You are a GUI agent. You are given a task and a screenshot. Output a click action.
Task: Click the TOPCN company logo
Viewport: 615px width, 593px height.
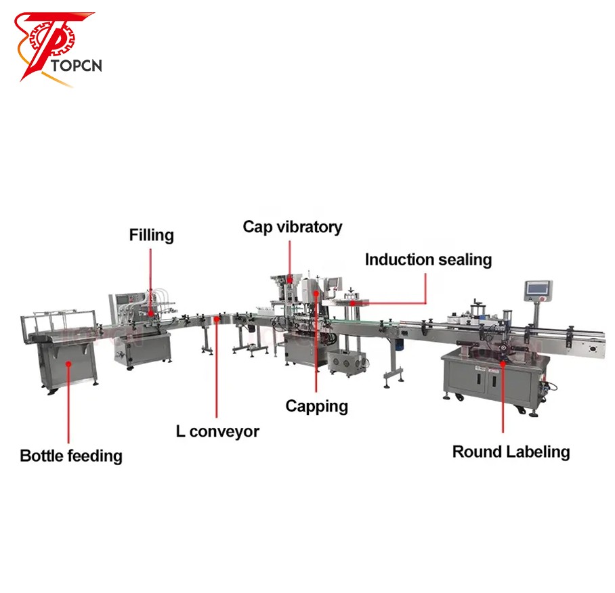click(58, 48)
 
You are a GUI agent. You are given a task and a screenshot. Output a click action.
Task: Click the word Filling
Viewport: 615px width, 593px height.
click(152, 235)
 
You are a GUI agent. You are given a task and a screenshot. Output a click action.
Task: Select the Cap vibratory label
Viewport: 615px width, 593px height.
click(292, 227)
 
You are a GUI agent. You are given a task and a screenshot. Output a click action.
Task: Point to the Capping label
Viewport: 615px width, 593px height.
click(316, 406)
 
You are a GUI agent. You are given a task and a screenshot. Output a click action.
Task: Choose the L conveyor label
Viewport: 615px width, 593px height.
click(217, 431)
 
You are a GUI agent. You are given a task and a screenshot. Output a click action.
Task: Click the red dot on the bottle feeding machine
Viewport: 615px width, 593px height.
click(68, 364)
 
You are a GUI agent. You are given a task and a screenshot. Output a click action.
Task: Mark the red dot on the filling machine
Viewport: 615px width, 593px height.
click(150, 313)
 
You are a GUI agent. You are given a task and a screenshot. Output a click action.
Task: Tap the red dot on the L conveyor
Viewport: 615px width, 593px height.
click(217, 319)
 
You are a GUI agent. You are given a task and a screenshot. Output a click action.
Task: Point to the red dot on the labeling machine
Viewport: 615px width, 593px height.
click(503, 364)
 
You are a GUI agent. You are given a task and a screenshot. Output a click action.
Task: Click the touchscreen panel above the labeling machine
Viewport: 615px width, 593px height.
click(538, 289)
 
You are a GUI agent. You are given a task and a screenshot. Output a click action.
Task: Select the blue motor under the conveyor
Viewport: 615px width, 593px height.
click(400, 345)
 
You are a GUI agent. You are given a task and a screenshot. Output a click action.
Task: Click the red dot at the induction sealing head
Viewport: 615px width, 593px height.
click(353, 303)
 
